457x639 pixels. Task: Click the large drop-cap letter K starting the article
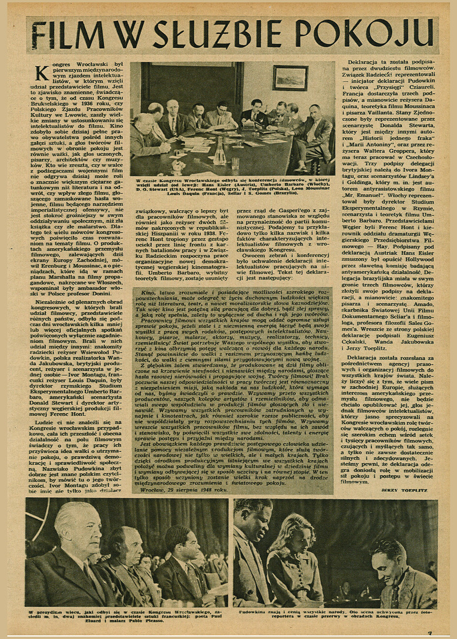(42, 73)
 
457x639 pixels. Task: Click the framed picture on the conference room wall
(290, 78)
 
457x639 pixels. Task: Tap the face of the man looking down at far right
(390, 559)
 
